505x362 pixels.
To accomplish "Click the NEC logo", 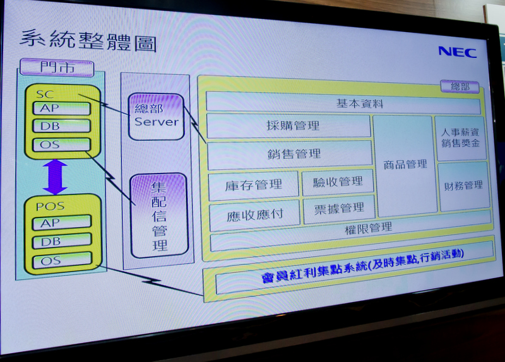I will (457, 51).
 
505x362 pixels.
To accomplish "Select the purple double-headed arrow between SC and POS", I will (55, 176).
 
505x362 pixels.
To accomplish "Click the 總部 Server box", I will (156, 116).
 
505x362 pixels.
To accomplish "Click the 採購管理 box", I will (289, 126).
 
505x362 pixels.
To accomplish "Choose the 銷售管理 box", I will (290, 154).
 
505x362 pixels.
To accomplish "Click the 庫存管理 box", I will (253, 185).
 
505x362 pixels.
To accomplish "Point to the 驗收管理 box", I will (338, 182).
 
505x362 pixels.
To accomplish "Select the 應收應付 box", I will (254, 215).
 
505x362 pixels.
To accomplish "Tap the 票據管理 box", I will (339, 208).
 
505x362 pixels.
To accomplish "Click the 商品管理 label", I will (405, 164).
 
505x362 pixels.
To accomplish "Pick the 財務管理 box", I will (463, 185).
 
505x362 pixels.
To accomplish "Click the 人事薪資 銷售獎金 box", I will (460, 137).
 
